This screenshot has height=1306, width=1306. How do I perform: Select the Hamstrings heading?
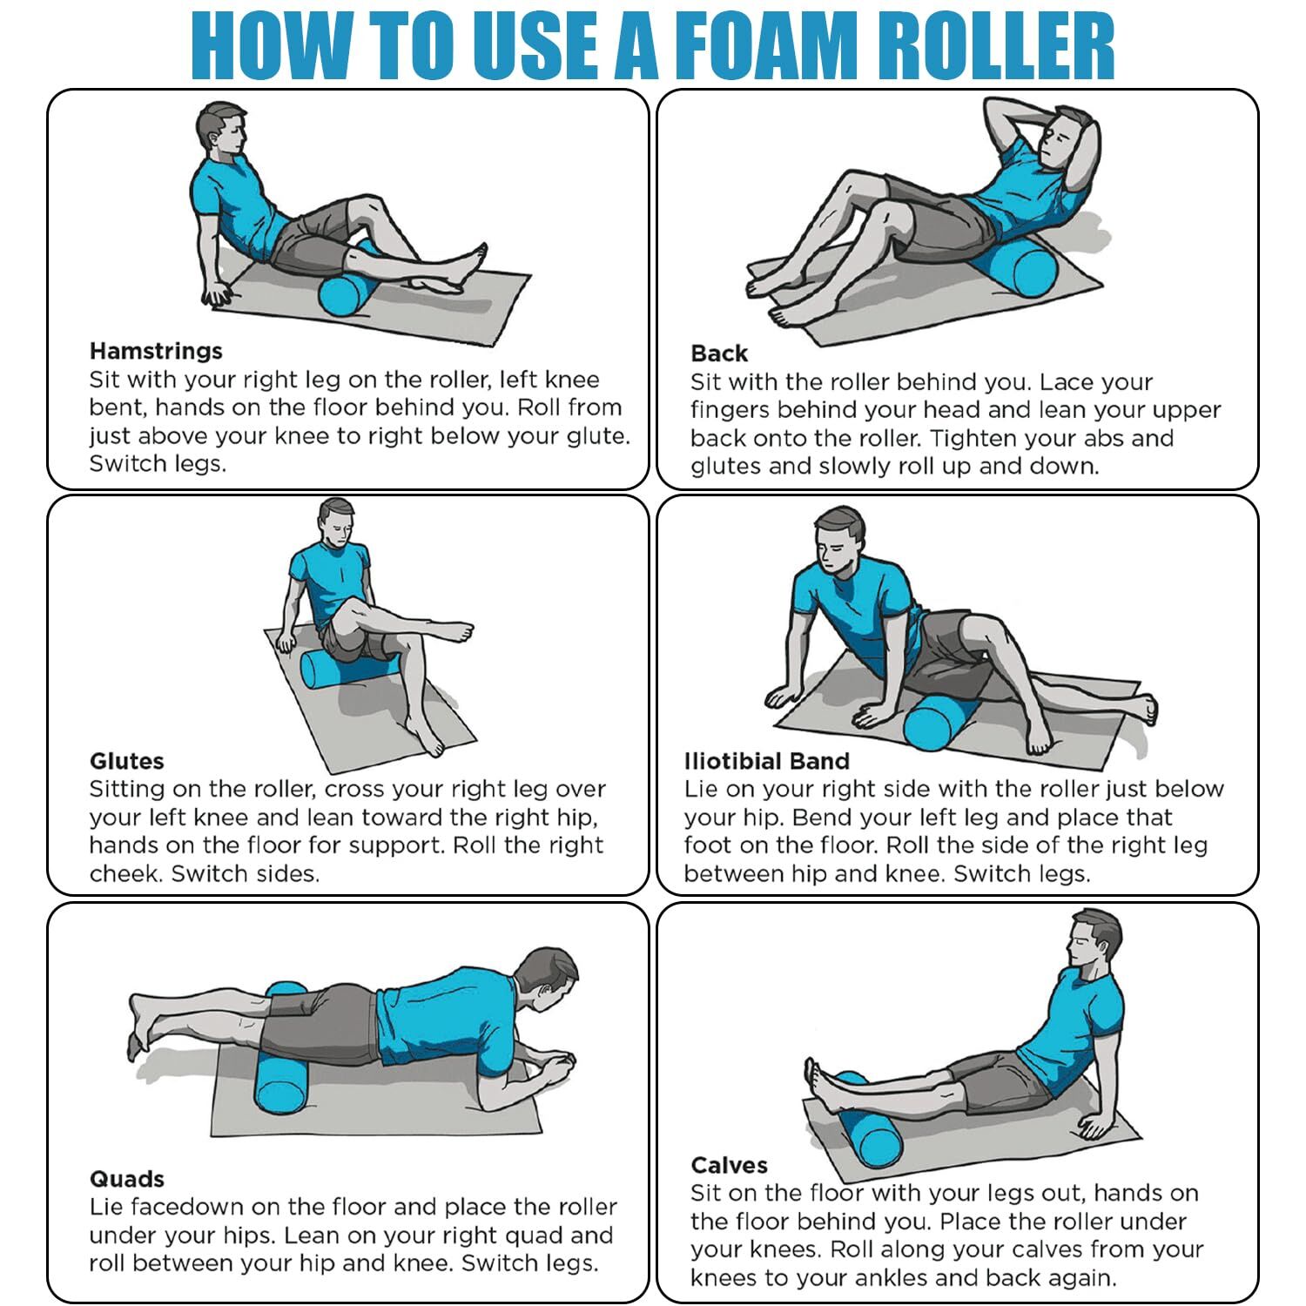pos(156,351)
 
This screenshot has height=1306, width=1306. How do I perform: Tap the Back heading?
pos(719,353)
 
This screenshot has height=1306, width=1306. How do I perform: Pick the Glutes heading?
pos(126,761)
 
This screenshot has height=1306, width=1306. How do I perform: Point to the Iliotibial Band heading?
pos(766,761)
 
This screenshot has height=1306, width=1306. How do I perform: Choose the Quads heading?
pos(126,1179)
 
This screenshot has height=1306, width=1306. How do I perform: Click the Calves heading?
pos(729,1165)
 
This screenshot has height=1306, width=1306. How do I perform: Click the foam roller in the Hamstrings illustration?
pos(346,287)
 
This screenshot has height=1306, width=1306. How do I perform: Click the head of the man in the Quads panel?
pos(543,979)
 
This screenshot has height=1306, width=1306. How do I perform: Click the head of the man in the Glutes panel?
pos(336,522)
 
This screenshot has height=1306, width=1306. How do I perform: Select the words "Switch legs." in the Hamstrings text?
pos(158,463)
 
